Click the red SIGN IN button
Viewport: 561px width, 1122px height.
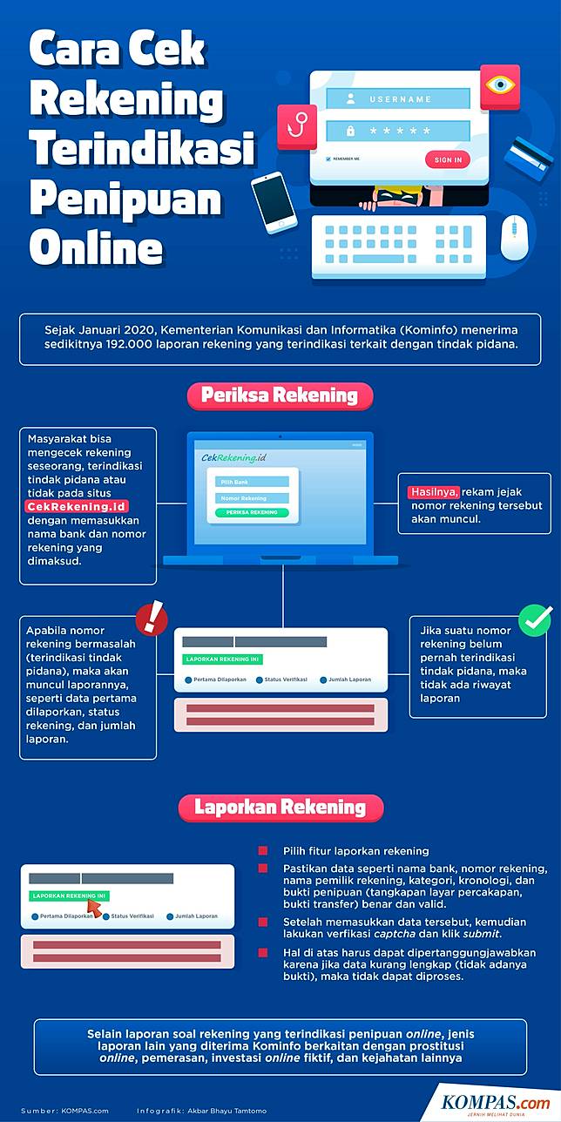click(448, 159)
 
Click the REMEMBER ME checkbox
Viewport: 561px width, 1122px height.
click(328, 159)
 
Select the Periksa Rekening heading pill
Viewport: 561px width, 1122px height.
click(280, 395)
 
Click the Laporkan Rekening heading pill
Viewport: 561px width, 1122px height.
click(280, 808)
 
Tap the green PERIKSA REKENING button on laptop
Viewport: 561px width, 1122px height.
click(252, 513)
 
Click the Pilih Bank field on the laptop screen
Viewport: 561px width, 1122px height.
click(252, 482)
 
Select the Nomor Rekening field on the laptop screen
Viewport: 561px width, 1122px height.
click(252, 498)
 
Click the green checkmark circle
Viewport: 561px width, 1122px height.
click(535, 619)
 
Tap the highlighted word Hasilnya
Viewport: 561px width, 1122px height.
click(433, 491)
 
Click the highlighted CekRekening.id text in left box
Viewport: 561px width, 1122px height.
click(78, 506)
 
